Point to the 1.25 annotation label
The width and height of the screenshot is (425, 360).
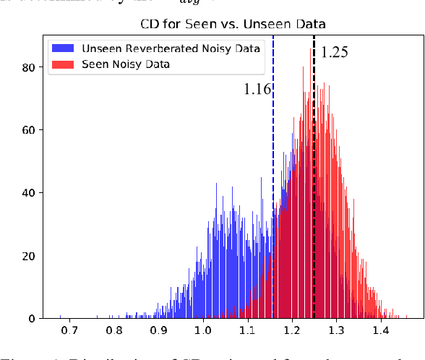click(334, 52)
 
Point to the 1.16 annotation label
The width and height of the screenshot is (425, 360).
click(257, 89)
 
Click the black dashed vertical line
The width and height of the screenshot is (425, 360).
click(314, 145)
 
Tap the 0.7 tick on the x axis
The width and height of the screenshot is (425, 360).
click(70, 331)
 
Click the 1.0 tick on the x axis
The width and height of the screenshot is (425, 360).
click(203, 331)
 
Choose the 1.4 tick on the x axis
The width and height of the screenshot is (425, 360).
click(380, 331)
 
